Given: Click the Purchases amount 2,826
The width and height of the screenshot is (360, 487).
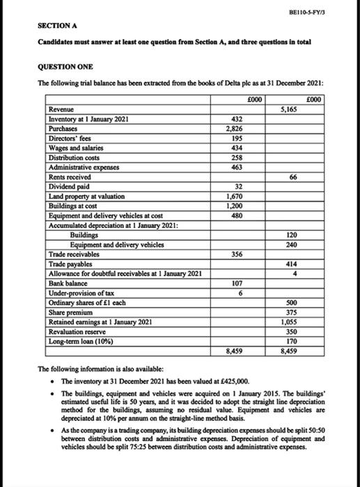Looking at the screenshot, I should click(233, 129).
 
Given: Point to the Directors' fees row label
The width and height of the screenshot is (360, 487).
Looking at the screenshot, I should click(72, 138).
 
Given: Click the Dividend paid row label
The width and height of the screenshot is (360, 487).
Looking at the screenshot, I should click(68, 186).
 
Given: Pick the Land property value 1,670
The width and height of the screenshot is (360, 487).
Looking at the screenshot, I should click(233, 197).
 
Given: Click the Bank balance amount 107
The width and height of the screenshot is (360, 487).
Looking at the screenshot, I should click(235, 283).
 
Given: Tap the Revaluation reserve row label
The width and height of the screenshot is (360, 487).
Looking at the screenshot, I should click(76, 331).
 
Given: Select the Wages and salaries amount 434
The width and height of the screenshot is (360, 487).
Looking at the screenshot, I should click(235, 148).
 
